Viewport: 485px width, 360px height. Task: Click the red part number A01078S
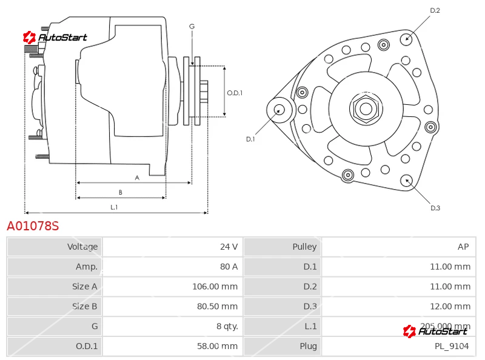click(x=33, y=226)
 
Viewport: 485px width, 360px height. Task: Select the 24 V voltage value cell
click(x=173, y=247)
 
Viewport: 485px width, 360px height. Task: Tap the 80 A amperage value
click(x=229, y=267)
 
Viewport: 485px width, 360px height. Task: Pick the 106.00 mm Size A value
click(x=215, y=287)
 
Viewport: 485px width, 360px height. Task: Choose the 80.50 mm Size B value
click(x=218, y=306)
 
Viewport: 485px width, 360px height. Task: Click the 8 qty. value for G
click(x=227, y=326)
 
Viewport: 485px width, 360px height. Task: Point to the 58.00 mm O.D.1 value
click(x=218, y=346)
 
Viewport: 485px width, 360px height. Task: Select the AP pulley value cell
click(x=399, y=247)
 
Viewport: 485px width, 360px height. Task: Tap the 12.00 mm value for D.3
click(x=450, y=306)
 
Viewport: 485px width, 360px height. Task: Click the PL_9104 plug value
click(x=452, y=346)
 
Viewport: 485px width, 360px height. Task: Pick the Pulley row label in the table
click(x=305, y=247)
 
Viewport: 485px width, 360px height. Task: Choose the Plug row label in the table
click(x=309, y=346)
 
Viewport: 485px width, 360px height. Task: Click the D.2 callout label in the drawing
click(x=435, y=10)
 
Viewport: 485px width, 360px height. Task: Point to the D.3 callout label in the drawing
click(x=435, y=208)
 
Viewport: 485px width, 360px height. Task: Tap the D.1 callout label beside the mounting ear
click(x=250, y=139)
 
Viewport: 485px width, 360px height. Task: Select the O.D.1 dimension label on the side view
click(x=235, y=93)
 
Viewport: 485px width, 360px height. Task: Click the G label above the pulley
click(x=192, y=27)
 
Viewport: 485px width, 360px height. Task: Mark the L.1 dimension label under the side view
click(x=114, y=207)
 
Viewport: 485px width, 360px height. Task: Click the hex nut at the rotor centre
click(x=366, y=109)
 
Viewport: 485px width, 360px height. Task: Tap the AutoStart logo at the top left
click(x=55, y=38)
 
